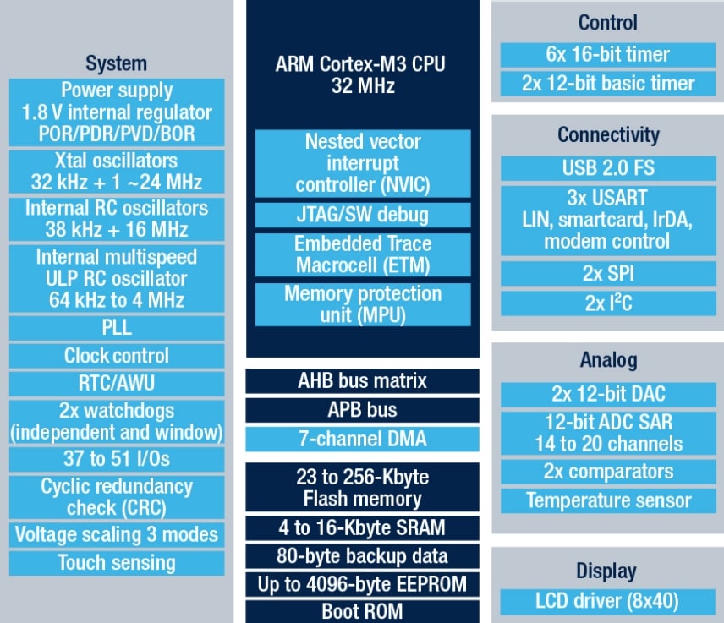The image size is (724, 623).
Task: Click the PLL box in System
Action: click(117, 328)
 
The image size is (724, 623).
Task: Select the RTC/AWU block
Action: click(117, 384)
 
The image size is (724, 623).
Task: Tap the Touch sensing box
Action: click(117, 563)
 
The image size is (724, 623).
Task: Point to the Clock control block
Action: click(117, 356)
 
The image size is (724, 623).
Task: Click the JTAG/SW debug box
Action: click(362, 214)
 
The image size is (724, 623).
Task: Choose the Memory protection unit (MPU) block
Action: click(362, 304)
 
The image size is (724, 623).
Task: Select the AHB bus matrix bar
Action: click(362, 381)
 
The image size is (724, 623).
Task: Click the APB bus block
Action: click(362, 410)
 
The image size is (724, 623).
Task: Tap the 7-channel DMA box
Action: click(362, 439)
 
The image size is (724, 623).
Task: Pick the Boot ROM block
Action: click(362, 611)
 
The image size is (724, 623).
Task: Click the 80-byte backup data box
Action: click(362, 556)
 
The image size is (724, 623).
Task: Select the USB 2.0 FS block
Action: click(608, 167)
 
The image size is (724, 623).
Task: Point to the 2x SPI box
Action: click(608, 273)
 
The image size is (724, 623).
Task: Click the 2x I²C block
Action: click(608, 303)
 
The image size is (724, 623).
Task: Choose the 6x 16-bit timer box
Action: click(608, 55)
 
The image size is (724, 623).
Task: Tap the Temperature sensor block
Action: click(608, 500)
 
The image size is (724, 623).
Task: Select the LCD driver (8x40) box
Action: click(608, 602)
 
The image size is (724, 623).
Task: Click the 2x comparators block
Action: click(608, 472)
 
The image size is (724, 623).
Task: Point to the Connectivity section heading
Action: click(608, 134)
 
